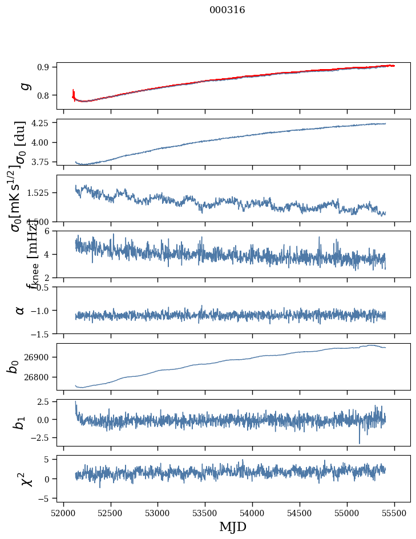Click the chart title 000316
(x=227, y=10)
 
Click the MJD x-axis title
(x=233, y=526)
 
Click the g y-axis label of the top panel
(x=24, y=86)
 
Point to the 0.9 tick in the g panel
(x=45, y=67)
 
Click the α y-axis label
(x=21, y=310)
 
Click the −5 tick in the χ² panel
(x=44, y=499)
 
